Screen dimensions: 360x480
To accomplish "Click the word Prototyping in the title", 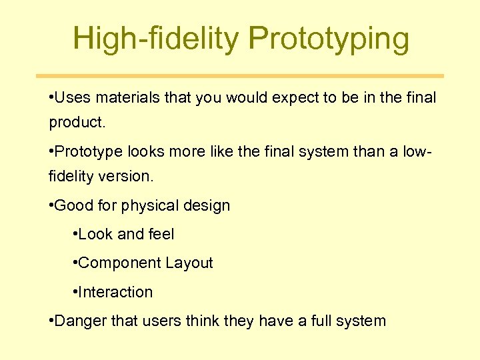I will click(x=329, y=39).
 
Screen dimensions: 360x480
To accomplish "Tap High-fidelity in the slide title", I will click(x=156, y=39).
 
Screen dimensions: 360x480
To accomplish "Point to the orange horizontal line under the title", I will click(x=239, y=76).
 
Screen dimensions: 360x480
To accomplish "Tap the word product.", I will click(x=75, y=123).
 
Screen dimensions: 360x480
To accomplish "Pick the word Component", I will click(x=113, y=263).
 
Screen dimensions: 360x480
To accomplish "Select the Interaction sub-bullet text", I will click(x=115, y=292).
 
